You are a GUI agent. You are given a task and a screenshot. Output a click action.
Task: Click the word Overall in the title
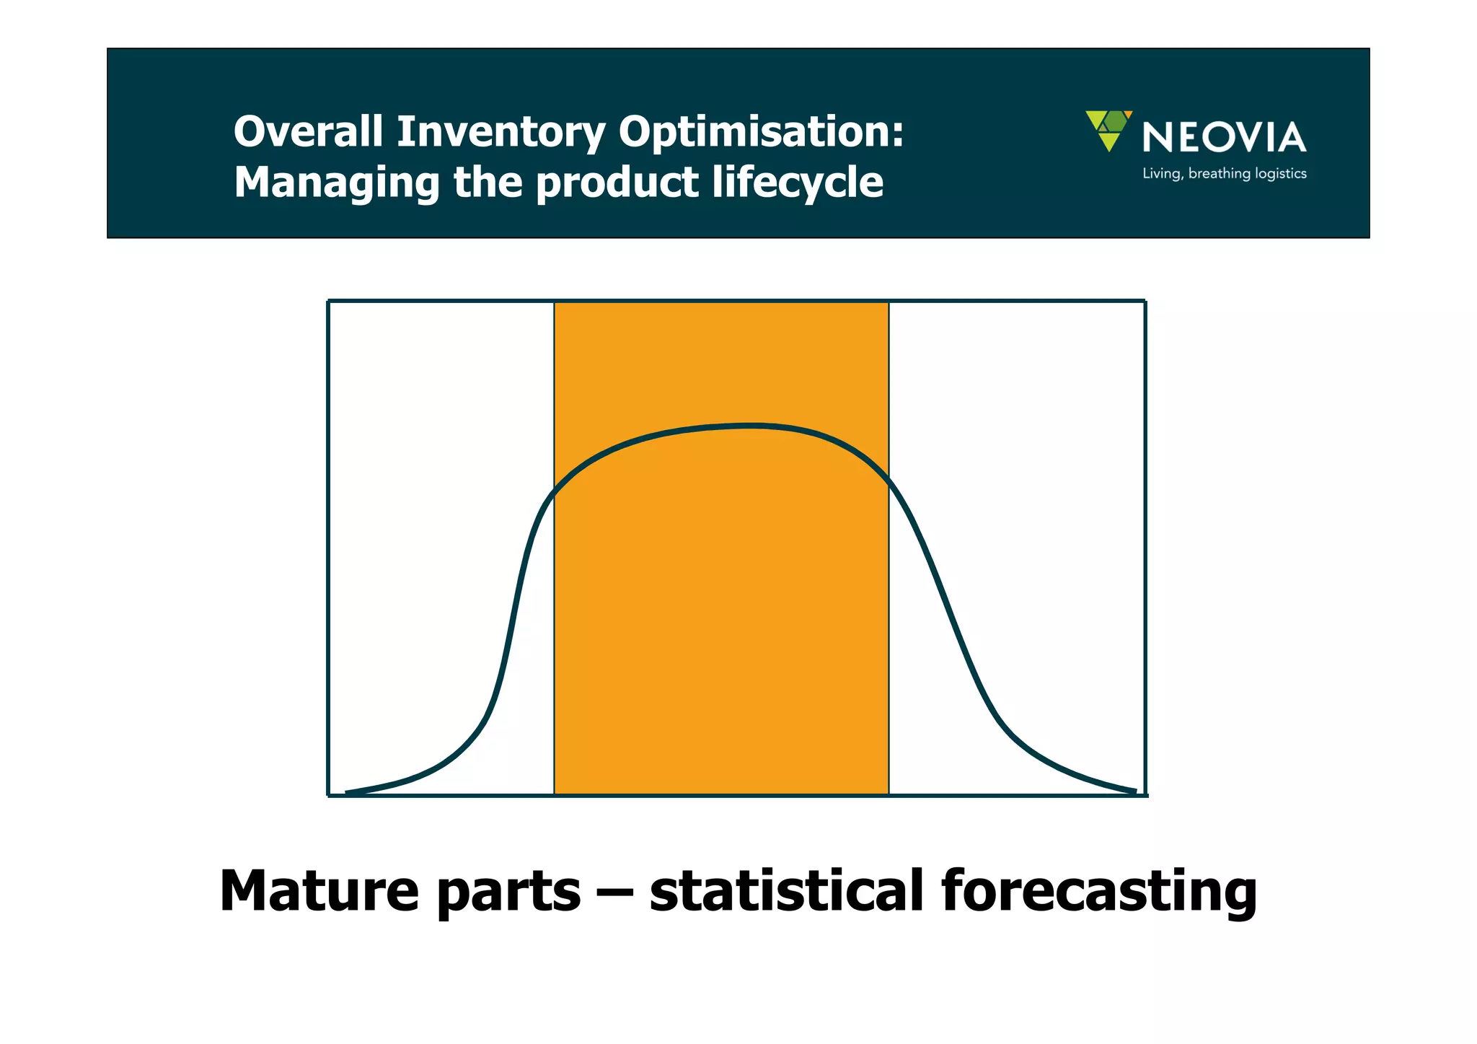(x=308, y=132)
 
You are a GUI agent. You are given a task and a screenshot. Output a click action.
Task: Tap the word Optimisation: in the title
(x=761, y=133)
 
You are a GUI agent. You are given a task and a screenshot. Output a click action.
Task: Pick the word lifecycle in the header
(x=798, y=183)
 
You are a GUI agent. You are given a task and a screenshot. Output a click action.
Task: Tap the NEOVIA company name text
(x=1224, y=137)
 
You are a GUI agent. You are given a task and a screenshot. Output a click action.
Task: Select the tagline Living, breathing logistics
(x=1224, y=174)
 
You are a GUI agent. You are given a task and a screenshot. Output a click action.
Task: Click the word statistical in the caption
(x=786, y=890)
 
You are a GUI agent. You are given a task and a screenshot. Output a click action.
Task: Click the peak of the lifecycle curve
(x=750, y=426)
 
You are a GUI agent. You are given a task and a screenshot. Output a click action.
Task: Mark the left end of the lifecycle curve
(x=348, y=793)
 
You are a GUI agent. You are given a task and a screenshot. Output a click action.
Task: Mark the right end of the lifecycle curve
(x=1134, y=792)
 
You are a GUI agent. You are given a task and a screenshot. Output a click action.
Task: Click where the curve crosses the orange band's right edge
(x=889, y=478)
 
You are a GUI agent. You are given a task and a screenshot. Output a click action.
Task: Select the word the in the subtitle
(x=488, y=183)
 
